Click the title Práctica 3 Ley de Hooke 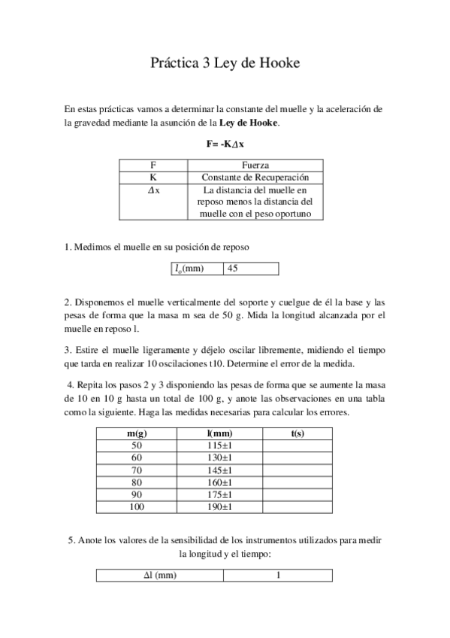(x=225, y=64)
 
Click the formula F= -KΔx (x=225, y=142)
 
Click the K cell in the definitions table (x=153, y=178)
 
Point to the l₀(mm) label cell (x=197, y=269)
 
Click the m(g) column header (x=136, y=434)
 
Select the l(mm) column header (x=219, y=434)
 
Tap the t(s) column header (x=297, y=434)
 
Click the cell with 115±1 (x=219, y=445)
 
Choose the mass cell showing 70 (x=136, y=469)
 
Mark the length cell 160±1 (x=219, y=482)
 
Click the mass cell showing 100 (x=136, y=507)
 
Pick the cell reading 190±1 (x=219, y=507)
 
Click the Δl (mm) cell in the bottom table (x=160, y=576)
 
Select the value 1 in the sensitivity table (x=278, y=576)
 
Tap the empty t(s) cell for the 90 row (x=297, y=494)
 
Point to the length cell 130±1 (x=219, y=457)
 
